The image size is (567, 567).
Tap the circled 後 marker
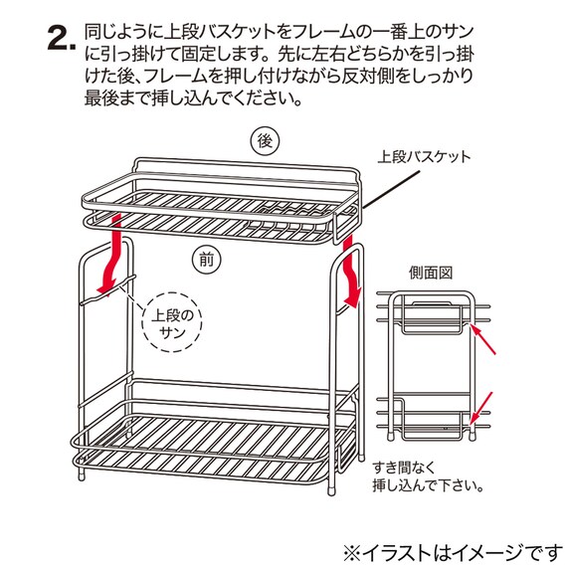coord(264,142)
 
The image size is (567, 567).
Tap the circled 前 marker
coord(206,260)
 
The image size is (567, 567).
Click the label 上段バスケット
coord(424,157)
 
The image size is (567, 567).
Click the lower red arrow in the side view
coord(485,406)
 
